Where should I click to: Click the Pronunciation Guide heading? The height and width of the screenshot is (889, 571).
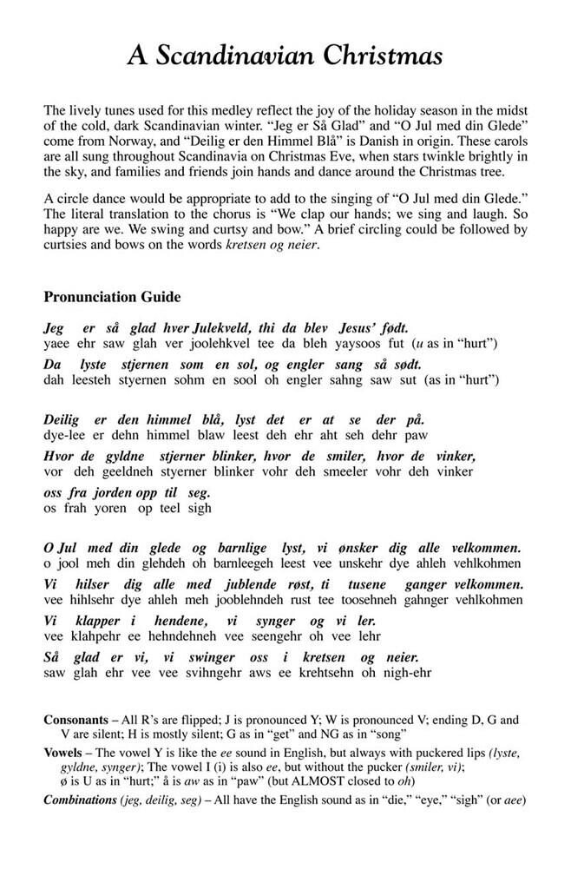[x=112, y=297]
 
